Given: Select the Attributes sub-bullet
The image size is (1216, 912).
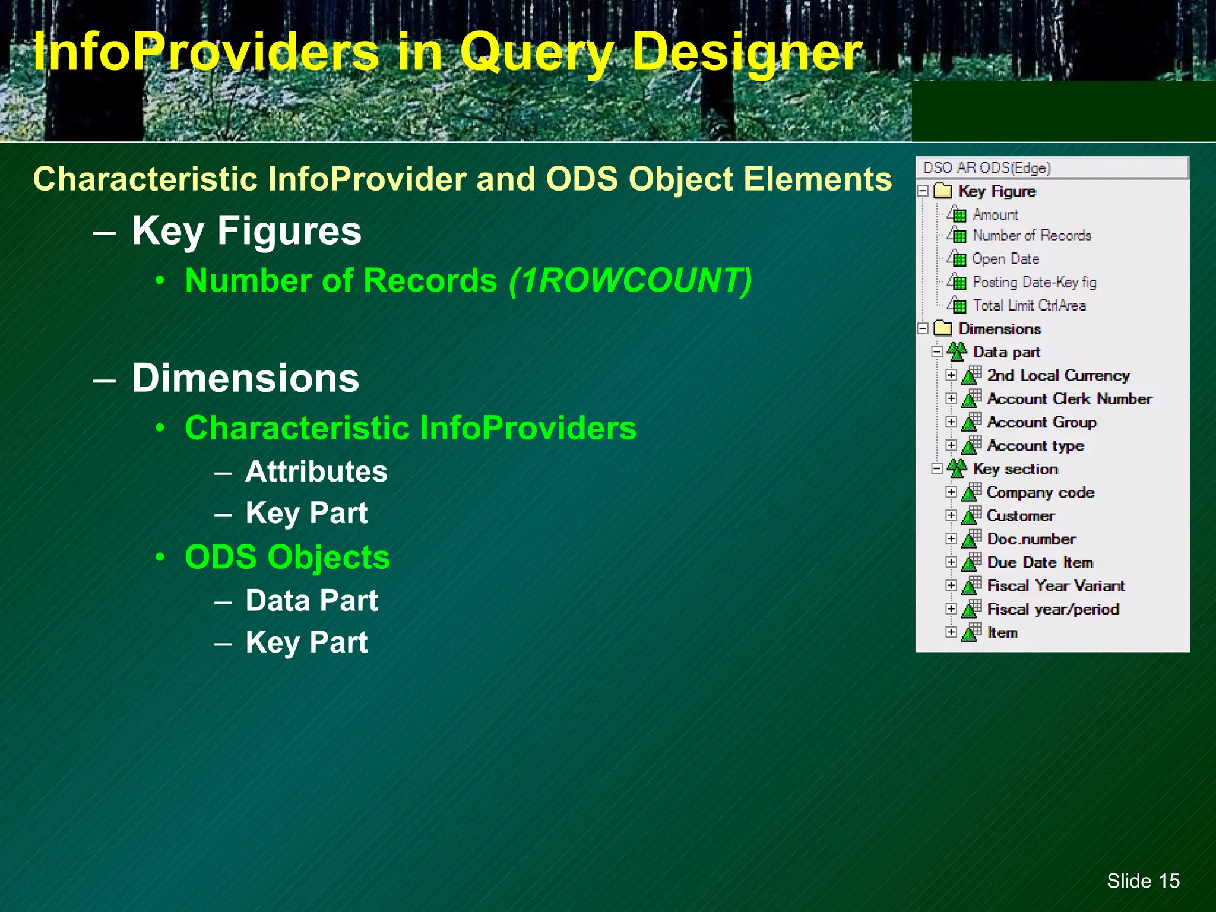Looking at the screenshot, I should [x=316, y=471].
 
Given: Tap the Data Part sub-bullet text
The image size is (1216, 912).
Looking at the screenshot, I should [x=311, y=600].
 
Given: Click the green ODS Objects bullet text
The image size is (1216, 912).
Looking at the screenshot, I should [x=287, y=557].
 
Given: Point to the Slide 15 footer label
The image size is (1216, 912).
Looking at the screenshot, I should [x=1143, y=881].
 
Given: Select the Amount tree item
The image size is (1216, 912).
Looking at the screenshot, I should [x=995, y=214].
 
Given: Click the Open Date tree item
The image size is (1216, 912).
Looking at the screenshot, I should [x=1005, y=259].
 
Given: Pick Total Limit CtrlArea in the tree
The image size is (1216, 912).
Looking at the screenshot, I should [x=1029, y=306].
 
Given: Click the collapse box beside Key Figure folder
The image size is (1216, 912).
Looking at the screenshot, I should [x=923, y=191].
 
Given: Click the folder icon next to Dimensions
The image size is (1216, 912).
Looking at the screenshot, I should [x=942, y=328].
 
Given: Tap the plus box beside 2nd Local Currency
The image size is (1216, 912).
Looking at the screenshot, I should [x=951, y=375].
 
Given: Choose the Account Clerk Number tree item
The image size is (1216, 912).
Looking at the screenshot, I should [x=1069, y=399].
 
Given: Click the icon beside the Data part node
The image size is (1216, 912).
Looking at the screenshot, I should [x=957, y=351].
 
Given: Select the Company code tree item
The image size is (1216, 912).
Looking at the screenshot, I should [x=1040, y=492].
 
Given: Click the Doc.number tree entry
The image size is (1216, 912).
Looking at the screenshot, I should [x=1031, y=539].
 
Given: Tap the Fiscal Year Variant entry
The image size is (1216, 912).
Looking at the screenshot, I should [x=1056, y=586].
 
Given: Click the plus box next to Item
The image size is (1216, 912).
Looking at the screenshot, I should [x=951, y=632].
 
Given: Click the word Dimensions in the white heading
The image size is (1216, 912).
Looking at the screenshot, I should [x=245, y=378].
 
